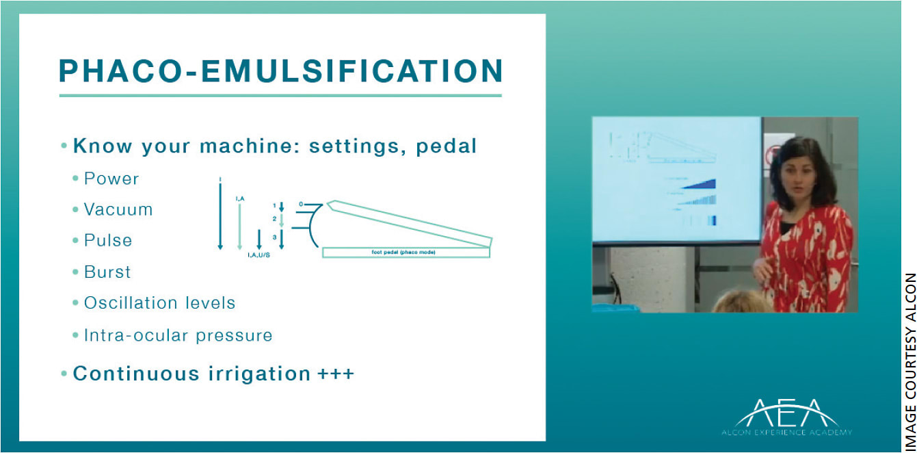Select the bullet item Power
[111, 179]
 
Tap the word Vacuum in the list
[118, 209]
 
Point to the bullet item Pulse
[107, 241]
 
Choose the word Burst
[107, 272]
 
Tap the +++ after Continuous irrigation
[336, 374]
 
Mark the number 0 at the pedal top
[301, 204]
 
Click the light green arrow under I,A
[239, 226]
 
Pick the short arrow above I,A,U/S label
[258, 240]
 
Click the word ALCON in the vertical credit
[909, 298]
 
